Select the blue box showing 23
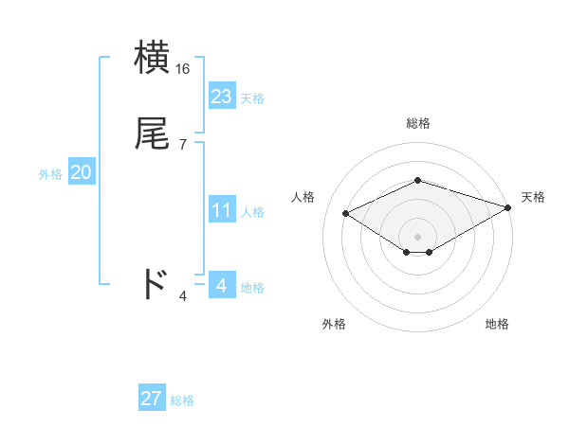tap(221, 97)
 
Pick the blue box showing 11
tap(221, 210)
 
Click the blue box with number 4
tap(221, 284)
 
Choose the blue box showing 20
tap(81, 172)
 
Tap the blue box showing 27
tap(151, 399)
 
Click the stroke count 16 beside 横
tap(183, 69)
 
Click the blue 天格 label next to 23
tap(252, 98)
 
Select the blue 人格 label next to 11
tap(252, 212)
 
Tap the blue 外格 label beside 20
tap(49, 174)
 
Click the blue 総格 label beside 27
tap(182, 400)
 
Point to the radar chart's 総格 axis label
tap(417, 123)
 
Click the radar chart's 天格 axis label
tap(533, 197)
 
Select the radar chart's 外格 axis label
tap(334, 324)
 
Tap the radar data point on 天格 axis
tap(509, 207)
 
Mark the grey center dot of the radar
tap(417, 236)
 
